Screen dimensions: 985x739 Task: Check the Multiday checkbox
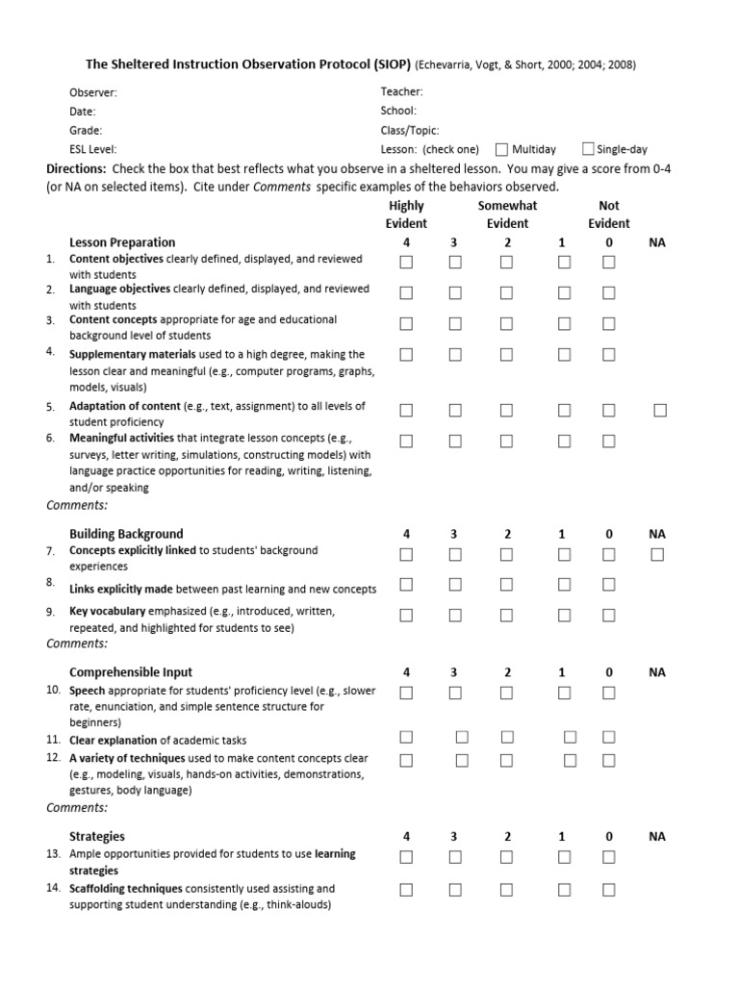tap(501, 149)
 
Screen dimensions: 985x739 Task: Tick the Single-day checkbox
tap(588, 149)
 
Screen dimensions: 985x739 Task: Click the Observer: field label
tap(93, 92)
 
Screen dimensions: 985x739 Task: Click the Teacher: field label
tap(401, 92)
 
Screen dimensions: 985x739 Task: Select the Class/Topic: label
tap(410, 130)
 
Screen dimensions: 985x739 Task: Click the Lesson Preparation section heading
tap(122, 242)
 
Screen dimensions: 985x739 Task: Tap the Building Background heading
tap(126, 534)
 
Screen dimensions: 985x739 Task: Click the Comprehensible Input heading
tap(131, 672)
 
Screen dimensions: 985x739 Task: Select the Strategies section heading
tap(97, 837)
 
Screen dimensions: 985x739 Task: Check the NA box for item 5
tap(659, 411)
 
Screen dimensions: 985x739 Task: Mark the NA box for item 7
tap(657, 554)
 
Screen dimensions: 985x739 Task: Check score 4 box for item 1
tap(406, 263)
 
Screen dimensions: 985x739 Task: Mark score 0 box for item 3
tap(608, 324)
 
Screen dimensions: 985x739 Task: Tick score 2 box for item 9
tap(507, 615)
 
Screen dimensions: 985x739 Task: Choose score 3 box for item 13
tap(455, 857)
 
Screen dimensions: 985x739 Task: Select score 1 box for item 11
tap(570, 738)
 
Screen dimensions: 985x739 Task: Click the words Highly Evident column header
tap(406, 215)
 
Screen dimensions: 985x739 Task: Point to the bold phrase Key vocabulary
tap(108, 611)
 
